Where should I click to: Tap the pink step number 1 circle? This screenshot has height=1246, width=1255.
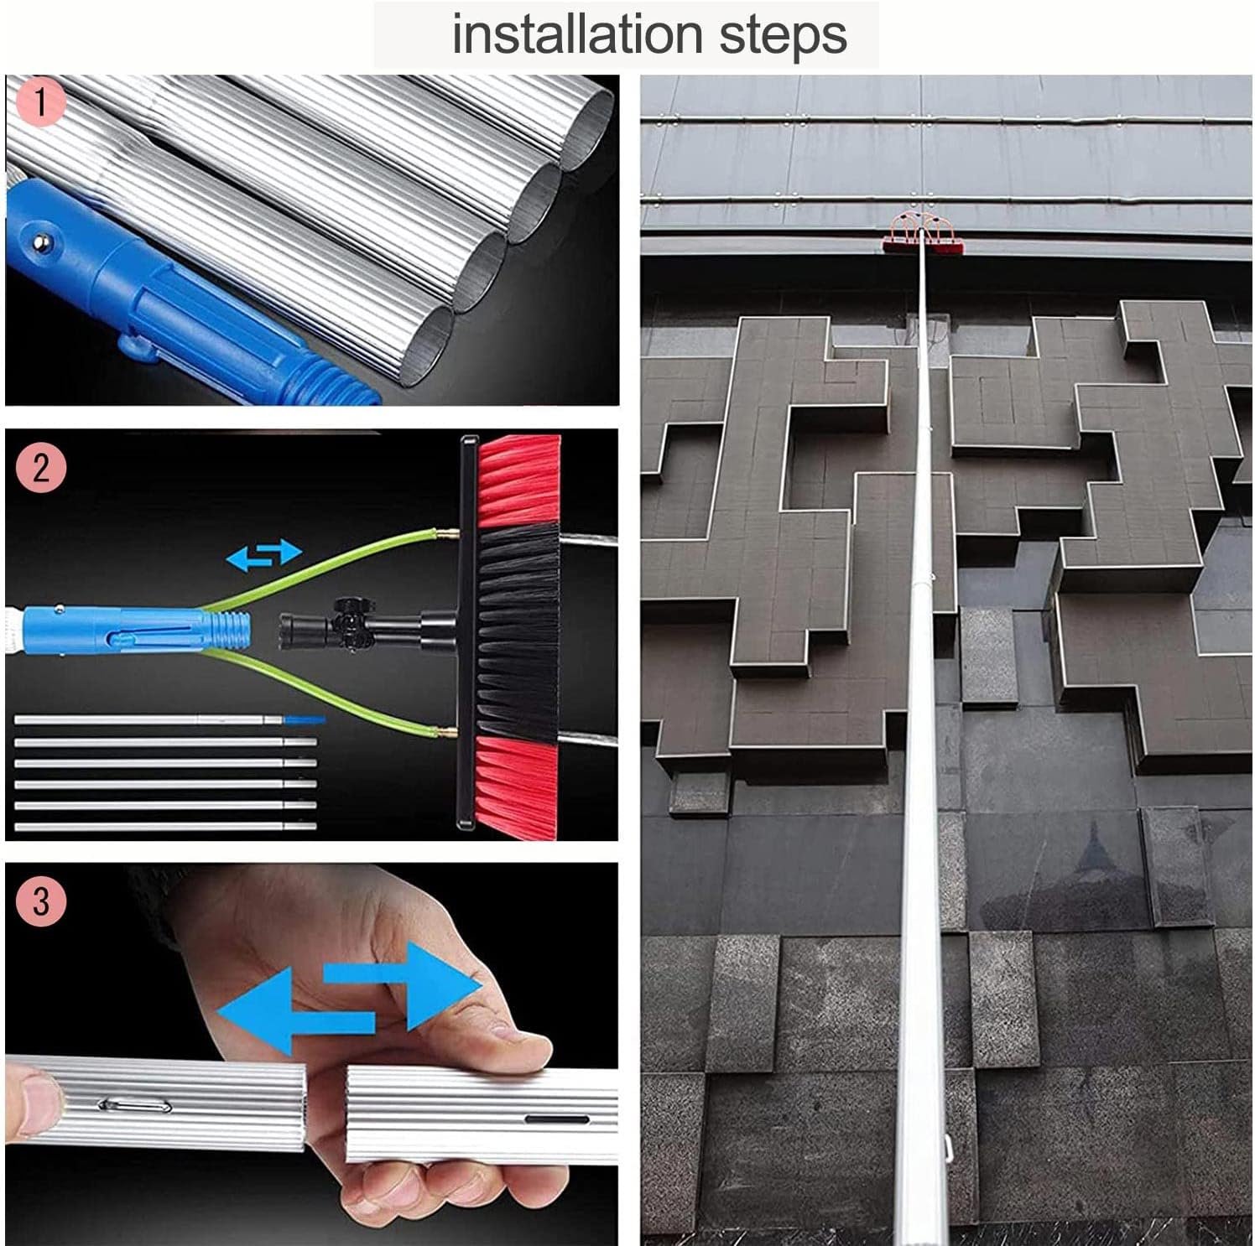click(x=39, y=102)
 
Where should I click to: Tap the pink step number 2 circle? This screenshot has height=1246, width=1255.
click(x=39, y=465)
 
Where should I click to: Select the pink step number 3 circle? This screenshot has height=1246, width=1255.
click(x=39, y=901)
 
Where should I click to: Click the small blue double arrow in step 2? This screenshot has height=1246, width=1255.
click(x=264, y=555)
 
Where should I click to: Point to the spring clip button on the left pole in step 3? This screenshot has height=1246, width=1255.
click(x=134, y=1105)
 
